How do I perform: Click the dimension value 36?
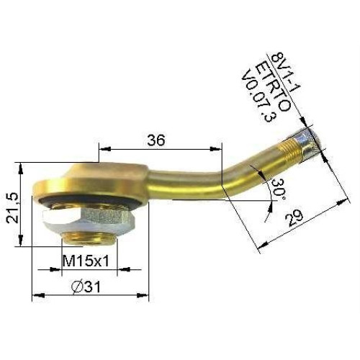click(156, 140)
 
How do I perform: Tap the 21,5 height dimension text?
click(12, 208)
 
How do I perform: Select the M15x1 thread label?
click(86, 261)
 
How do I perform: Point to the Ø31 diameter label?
click(86, 287)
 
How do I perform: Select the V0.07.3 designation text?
click(259, 96)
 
